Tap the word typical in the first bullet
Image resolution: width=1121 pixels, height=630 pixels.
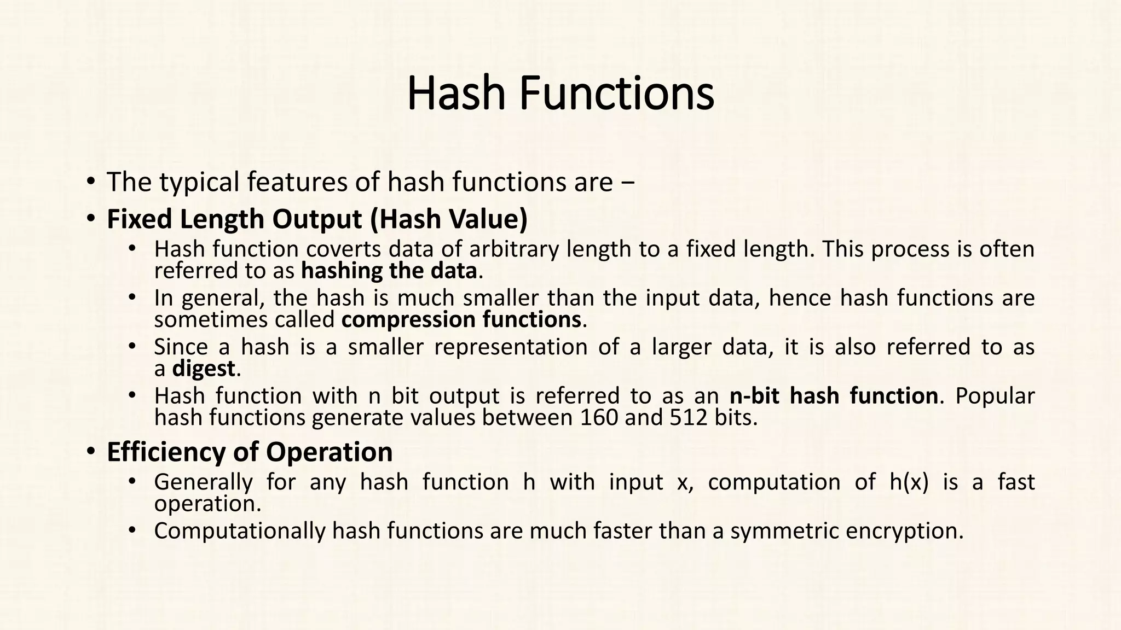[x=200, y=182]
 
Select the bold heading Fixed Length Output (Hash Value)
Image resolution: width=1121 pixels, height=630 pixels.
[x=317, y=219]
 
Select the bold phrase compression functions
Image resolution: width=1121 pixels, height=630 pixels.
[x=461, y=320]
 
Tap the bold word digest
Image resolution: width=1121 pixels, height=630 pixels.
[x=204, y=369]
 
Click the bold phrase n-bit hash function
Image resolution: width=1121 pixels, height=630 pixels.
[x=834, y=396]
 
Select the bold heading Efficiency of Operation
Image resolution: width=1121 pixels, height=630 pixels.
[x=250, y=452]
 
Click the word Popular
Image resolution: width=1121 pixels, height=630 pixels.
[x=995, y=396]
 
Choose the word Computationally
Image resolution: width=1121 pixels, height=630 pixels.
[x=240, y=531]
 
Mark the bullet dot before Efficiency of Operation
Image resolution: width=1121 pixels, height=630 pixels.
[x=90, y=452]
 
